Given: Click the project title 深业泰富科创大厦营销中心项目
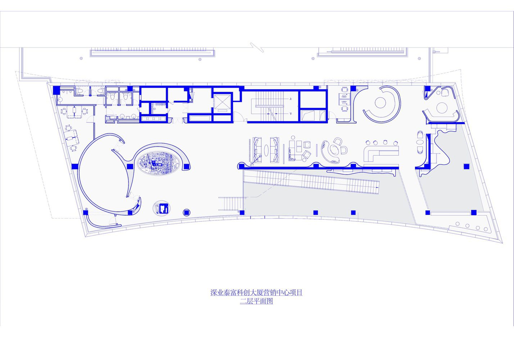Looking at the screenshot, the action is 256,293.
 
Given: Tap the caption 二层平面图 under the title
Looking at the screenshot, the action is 256,301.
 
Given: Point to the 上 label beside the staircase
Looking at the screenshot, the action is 291,99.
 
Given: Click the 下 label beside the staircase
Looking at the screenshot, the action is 291,113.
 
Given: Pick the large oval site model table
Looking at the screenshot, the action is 158,163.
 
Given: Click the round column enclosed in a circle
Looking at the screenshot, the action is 186,212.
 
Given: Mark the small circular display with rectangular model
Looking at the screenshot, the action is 162,208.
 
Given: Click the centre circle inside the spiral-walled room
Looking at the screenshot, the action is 380,103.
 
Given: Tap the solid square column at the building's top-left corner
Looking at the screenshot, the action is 57,90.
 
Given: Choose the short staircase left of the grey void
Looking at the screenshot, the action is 230,203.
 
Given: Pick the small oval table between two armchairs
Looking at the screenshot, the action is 420,142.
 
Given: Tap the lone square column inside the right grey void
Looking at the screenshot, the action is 466,167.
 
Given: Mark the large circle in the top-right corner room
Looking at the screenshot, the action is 442,108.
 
